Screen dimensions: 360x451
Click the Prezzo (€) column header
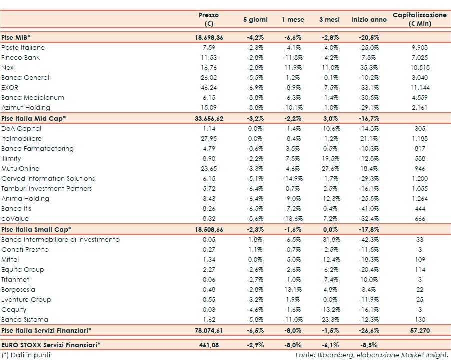point(209,19)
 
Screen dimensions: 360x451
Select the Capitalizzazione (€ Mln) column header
point(420,19)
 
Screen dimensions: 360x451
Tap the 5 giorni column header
point(255,20)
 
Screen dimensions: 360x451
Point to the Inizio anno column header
point(369,20)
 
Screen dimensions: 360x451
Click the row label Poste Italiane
point(23,48)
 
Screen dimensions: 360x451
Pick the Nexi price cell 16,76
point(209,68)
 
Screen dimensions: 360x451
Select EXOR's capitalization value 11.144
point(420,88)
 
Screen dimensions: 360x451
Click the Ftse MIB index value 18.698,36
point(209,38)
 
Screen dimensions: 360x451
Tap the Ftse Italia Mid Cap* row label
point(34,118)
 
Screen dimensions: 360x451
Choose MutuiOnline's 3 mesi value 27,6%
point(329,169)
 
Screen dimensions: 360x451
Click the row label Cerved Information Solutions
point(48,179)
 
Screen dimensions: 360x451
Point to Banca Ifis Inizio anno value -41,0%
point(369,209)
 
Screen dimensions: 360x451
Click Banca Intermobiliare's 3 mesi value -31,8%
point(329,240)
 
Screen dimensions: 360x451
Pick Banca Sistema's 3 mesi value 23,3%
point(329,320)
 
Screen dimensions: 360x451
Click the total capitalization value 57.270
point(420,330)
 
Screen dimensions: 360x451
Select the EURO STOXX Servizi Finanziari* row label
point(51,345)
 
